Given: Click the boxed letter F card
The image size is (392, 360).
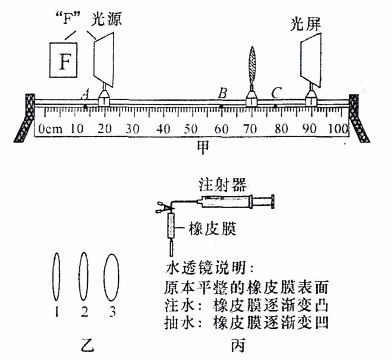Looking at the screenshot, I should (65, 60).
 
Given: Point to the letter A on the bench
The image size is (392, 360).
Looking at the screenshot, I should (85, 93).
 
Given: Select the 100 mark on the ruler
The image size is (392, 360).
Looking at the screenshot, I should (339, 129).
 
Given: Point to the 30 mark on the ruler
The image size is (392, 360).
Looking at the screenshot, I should (132, 129).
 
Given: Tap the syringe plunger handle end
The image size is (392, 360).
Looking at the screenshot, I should (273, 200).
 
